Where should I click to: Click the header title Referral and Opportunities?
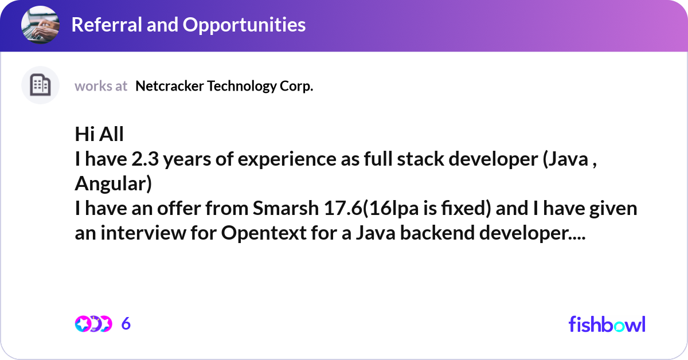[x=188, y=25]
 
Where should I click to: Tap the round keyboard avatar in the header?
[x=41, y=25]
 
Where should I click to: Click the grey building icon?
[x=40, y=85]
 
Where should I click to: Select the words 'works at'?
[x=101, y=86]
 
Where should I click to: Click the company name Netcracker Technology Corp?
[x=224, y=86]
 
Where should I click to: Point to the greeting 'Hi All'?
[x=99, y=135]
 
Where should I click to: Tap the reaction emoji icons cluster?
[x=93, y=324]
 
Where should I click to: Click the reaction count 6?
[x=126, y=324]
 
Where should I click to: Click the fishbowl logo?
[x=607, y=324]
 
